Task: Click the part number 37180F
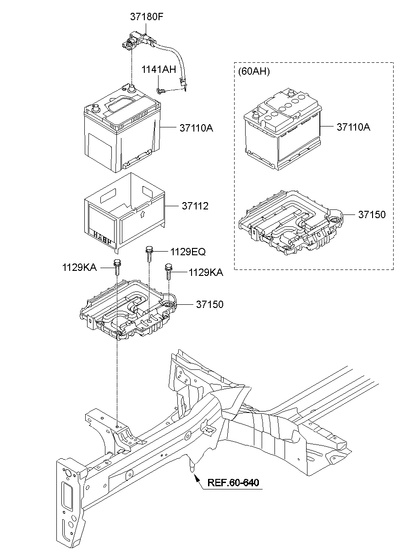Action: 147,17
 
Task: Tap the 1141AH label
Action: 158,70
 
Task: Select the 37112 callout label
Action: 194,207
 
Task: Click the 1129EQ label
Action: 188,252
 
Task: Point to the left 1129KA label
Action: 79,267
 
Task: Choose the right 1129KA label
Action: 206,273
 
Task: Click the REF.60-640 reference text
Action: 233,483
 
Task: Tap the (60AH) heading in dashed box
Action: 254,71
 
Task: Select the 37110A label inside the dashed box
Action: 353,127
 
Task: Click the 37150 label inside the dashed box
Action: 372,214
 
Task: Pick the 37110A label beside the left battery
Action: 196,128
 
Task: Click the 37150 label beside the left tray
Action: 210,304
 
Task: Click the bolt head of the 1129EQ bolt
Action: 149,250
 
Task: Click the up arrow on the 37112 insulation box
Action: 142,214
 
